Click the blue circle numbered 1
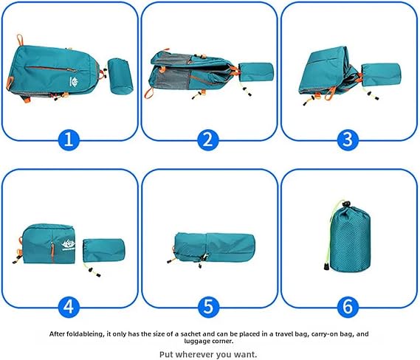point(69,139)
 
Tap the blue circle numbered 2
point(208,139)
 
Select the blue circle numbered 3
point(348,139)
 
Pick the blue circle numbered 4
point(69,307)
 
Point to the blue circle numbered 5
point(208,307)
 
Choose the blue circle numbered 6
point(348,307)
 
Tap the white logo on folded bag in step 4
point(68,246)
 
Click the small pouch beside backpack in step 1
point(120,76)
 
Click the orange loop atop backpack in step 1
point(20,40)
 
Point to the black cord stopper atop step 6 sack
point(347,204)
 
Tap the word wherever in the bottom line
point(195,355)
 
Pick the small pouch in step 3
point(381,75)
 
